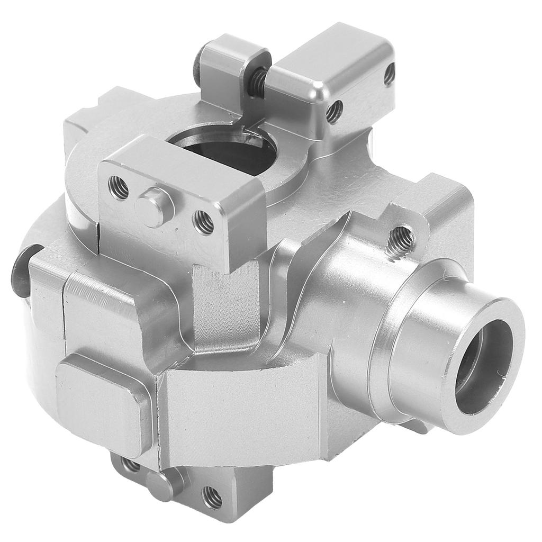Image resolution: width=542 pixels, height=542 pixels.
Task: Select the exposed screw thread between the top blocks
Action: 259,80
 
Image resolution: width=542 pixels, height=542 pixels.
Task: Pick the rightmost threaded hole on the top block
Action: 389,74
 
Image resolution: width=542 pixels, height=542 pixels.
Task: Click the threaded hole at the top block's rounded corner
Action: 334,112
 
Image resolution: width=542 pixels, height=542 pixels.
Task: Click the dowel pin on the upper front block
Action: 155,206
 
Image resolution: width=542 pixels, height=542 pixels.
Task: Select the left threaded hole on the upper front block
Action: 119,187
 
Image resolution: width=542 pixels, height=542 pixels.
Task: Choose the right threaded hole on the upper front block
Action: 203,222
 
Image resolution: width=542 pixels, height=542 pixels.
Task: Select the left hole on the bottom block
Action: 130,465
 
